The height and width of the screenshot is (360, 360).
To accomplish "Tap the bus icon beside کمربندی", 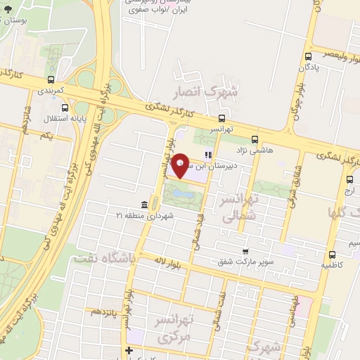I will [51, 79].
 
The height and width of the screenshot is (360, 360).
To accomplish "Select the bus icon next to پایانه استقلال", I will [65, 108].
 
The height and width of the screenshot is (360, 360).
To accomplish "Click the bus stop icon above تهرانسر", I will [221, 118].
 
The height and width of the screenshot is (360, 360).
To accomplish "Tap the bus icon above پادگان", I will [308, 57].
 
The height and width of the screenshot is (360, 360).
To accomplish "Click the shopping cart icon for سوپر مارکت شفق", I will [245, 251].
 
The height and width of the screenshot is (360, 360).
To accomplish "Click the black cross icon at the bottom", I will [128, 350].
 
